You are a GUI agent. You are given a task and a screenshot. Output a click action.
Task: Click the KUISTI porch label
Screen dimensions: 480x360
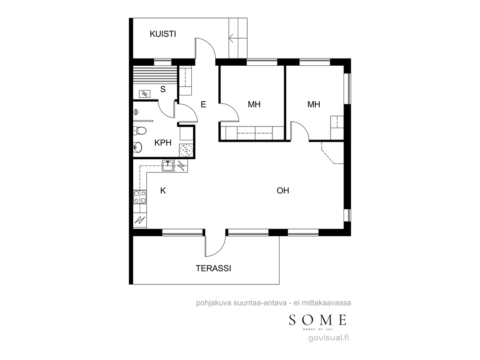(x=163, y=34)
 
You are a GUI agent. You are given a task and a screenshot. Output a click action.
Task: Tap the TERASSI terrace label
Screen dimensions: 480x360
(x=213, y=269)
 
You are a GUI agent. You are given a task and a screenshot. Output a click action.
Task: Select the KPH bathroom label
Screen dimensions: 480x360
(x=163, y=143)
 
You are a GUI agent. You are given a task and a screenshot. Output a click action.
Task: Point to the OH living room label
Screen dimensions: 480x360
(x=283, y=191)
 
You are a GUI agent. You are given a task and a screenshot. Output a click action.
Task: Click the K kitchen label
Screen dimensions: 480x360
(x=163, y=191)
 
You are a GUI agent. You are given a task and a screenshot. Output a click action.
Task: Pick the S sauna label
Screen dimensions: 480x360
(x=163, y=89)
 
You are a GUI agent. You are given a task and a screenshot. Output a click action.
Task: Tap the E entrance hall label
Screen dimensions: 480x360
(x=203, y=104)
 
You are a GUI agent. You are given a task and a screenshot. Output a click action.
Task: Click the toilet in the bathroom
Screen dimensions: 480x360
(x=140, y=131)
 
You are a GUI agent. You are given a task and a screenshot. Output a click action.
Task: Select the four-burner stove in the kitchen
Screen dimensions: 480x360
(x=140, y=197)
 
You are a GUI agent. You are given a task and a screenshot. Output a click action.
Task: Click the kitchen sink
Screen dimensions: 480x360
(x=168, y=166)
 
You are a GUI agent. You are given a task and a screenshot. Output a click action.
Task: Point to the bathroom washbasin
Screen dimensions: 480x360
(x=138, y=148)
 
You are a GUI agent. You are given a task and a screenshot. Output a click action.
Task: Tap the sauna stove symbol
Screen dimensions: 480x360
(x=145, y=94)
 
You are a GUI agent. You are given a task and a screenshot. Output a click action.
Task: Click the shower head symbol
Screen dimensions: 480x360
(x=136, y=112)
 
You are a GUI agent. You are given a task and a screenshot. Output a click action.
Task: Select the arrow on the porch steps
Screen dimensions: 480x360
(x=234, y=38)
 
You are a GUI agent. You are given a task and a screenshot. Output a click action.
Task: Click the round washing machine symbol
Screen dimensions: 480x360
(x=186, y=150)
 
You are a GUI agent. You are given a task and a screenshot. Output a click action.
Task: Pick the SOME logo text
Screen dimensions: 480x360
(x=318, y=320)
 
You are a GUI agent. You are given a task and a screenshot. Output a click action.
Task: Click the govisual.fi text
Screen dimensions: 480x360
(x=329, y=338)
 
